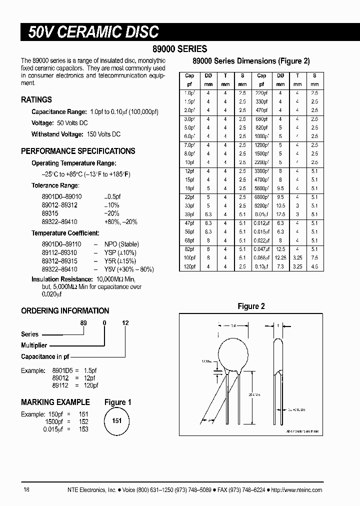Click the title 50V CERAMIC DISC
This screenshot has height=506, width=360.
coord(93,32)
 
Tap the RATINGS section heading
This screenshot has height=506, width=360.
coord(36,100)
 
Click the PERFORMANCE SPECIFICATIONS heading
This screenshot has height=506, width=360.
coord(78,151)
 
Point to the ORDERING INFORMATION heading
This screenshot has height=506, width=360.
coord(65,310)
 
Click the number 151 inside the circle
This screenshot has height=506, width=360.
coord(116,421)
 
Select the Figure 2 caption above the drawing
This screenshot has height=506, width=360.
coord(251,306)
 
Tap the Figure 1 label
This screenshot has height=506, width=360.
coord(118,402)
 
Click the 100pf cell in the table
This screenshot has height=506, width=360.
coord(189,257)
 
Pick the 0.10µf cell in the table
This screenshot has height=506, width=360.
coord(261,266)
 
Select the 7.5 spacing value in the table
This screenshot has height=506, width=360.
coord(314,257)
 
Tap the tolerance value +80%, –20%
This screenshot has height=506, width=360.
coord(120,221)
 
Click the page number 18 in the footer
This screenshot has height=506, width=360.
coord(26,490)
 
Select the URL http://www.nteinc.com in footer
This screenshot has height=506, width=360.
coord(297,490)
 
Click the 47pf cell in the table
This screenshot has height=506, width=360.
coord(189,222)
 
